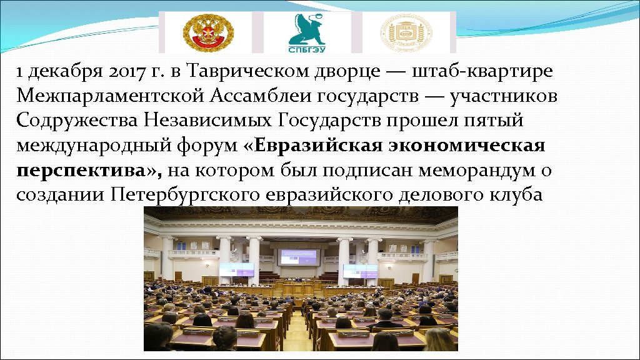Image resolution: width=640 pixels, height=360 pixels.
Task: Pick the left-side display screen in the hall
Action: tap(237, 269)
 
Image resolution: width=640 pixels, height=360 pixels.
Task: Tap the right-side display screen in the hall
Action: tap(360, 270)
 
